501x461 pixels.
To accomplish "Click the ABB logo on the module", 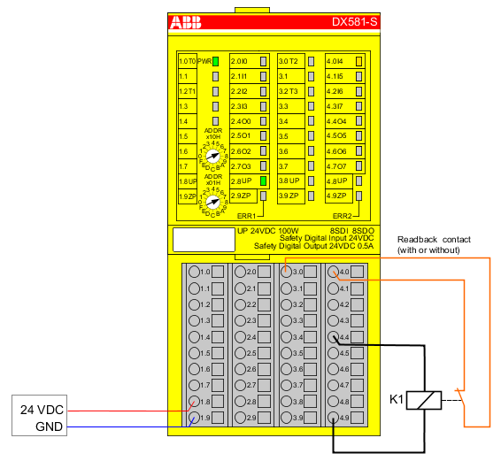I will point(186,20).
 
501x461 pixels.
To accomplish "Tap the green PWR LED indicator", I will point(214,61).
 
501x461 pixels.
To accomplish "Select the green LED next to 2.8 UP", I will point(263,181).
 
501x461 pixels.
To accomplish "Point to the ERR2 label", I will point(343,215).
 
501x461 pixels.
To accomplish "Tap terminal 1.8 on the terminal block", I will point(194,402).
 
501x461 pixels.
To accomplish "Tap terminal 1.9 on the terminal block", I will point(194,418).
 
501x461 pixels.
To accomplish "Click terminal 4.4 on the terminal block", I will point(333,337).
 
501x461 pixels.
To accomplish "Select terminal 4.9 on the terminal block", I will point(333,418).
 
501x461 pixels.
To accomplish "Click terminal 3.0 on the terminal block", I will point(286,272).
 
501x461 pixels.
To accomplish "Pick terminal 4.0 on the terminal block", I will point(333,272).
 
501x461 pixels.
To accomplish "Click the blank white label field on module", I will point(197,241).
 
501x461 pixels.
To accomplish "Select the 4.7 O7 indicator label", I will point(337,166).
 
